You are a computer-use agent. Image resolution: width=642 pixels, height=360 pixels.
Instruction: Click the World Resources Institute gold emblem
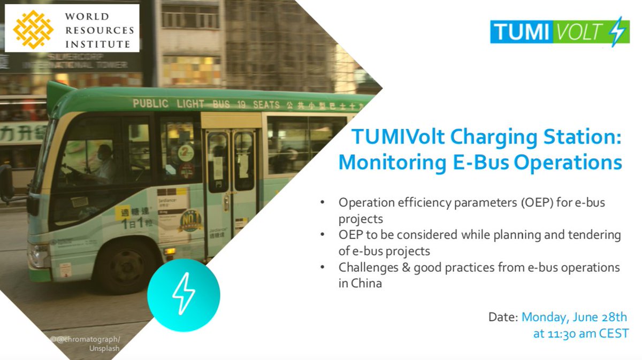click(33, 29)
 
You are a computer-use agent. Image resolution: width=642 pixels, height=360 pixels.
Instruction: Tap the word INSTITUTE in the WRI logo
click(97, 44)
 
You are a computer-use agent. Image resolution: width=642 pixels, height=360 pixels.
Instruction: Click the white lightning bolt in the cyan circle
click(183, 295)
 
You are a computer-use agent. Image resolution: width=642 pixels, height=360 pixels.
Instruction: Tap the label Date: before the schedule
click(503, 317)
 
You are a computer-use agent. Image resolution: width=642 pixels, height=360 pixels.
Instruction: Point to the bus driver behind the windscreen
click(104, 163)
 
